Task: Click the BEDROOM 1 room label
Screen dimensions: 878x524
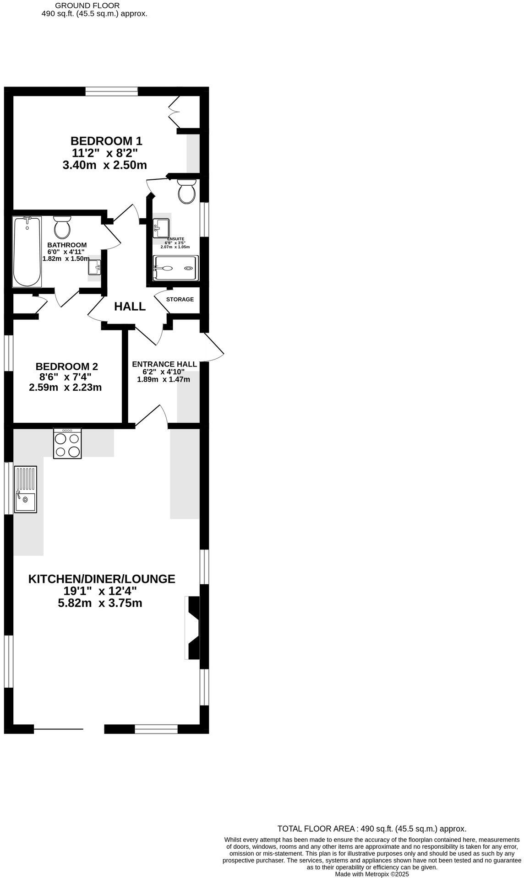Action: pyautogui.click(x=106, y=140)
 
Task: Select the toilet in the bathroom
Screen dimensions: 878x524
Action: pyautogui.click(x=62, y=226)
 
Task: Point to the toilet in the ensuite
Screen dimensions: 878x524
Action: pyautogui.click(x=186, y=191)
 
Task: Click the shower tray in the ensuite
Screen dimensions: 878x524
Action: pyautogui.click(x=176, y=268)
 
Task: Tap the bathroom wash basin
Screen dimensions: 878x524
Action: pyautogui.click(x=94, y=267)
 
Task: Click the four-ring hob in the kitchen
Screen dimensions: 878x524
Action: pyautogui.click(x=68, y=443)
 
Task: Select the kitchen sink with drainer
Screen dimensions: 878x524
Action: pyautogui.click(x=26, y=489)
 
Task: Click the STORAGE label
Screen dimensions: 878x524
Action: pyautogui.click(x=180, y=300)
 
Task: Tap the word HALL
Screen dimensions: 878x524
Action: pyautogui.click(x=130, y=307)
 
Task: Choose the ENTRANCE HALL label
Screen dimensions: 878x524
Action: pyautogui.click(x=164, y=364)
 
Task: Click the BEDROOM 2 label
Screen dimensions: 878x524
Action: pyautogui.click(x=67, y=366)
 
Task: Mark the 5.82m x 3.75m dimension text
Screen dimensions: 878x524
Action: pyautogui.click(x=100, y=603)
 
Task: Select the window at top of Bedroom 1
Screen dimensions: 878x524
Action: pyautogui.click(x=112, y=92)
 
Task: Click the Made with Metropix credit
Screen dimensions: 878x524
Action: pyautogui.click(x=371, y=874)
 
